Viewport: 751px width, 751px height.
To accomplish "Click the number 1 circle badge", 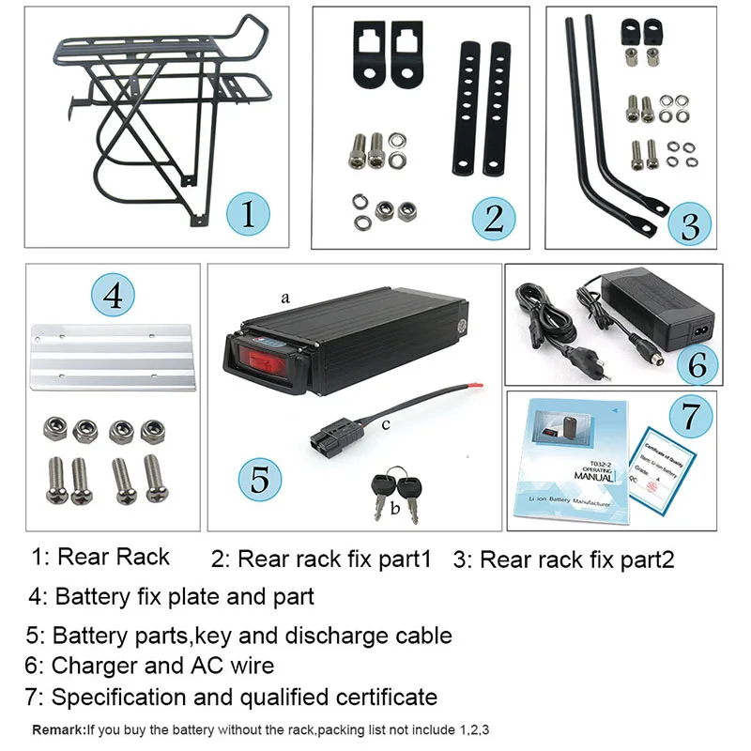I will tap(247, 213).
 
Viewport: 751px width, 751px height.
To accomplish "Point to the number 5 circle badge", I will tap(259, 481).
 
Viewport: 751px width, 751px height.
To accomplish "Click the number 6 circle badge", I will tap(697, 364).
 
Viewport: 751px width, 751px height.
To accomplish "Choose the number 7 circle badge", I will tap(691, 413).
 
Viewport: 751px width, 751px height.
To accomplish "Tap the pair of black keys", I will tap(397, 487).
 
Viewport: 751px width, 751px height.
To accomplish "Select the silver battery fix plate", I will tap(114, 360).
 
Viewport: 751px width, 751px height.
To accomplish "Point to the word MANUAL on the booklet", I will tap(594, 477).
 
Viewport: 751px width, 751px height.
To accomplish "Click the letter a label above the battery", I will tap(284, 297).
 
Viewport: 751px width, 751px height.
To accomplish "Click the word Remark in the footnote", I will tap(58, 729).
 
